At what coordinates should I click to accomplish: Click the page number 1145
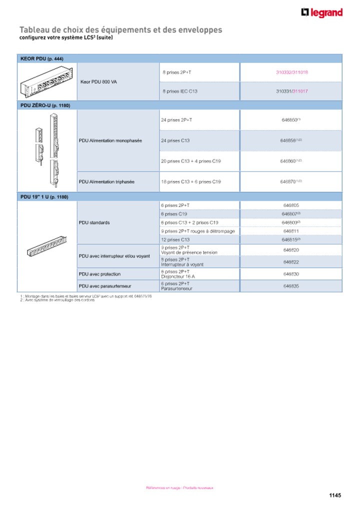click(335, 495)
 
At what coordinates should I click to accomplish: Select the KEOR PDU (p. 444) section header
click(42, 58)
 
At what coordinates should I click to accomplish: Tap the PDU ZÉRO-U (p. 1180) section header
click(45, 105)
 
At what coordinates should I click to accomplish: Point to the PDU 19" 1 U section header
click(44, 197)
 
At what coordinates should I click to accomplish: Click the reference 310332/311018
click(292, 72)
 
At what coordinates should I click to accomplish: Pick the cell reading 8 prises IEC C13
click(180, 91)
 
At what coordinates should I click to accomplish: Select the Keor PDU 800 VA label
click(98, 81)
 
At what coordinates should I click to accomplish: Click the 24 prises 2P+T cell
click(176, 120)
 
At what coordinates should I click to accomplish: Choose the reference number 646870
click(290, 181)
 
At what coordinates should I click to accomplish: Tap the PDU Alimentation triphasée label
click(106, 181)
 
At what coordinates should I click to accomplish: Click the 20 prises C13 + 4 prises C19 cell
click(190, 161)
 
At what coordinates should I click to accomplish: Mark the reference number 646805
click(291, 205)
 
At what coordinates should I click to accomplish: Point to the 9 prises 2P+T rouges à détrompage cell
click(197, 231)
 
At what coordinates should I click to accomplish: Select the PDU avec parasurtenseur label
click(106, 286)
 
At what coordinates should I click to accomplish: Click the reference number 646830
click(291, 274)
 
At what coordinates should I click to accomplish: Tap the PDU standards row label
click(94, 222)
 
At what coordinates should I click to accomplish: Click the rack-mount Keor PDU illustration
click(47, 81)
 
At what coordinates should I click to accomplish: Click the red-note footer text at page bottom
click(179, 487)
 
